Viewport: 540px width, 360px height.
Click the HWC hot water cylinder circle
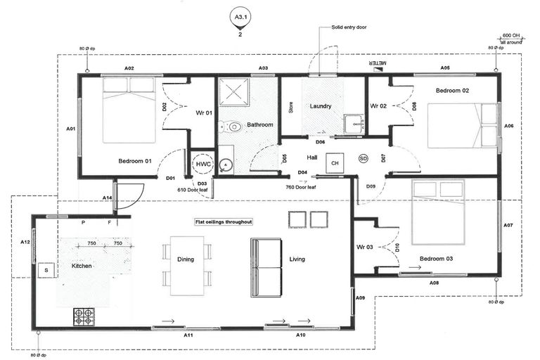click(203, 163)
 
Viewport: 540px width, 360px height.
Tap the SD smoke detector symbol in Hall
click(363, 158)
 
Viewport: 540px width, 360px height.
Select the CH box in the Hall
click(335, 162)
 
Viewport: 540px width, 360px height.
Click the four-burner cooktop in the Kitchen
click(84, 317)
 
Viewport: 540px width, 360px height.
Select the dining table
click(186, 265)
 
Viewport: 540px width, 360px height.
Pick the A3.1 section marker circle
click(242, 15)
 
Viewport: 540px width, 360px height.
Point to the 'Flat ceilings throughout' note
click(224, 221)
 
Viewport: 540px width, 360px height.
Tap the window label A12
click(25, 242)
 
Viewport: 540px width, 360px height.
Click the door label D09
click(371, 186)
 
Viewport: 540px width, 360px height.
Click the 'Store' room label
click(290, 108)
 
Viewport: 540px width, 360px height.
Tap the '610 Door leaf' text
click(192, 190)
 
